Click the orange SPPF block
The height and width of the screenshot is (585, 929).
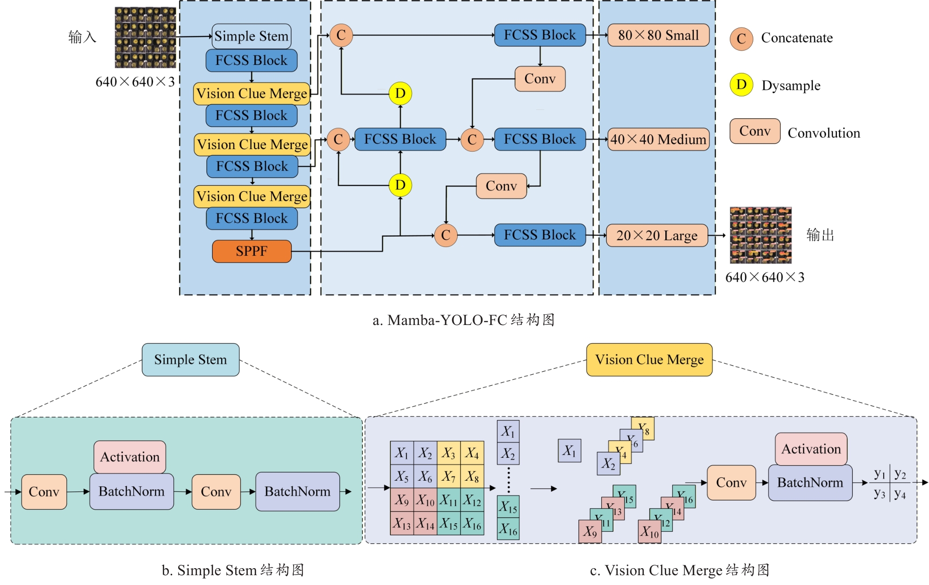tap(252, 251)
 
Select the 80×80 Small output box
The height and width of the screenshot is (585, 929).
tap(658, 35)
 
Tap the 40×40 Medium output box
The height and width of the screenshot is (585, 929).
tap(658, 139)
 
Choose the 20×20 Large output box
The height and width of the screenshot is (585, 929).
tap(656, 235)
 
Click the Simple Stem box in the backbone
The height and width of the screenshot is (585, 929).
tap(251, 36)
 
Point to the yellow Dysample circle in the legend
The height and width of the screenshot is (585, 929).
tap(741, 85)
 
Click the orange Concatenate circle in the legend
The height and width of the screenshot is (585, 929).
tap(741, 38)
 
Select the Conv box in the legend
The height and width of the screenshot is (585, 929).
tap(755, 131)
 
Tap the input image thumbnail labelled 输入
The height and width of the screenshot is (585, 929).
tap(145, 37)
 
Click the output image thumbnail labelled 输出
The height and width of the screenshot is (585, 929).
tap(761, 235)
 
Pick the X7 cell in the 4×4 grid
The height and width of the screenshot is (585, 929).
tap(449, 477)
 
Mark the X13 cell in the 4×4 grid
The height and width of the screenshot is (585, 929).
tap(402, 523)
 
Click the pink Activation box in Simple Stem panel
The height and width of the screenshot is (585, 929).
tap(130, 457)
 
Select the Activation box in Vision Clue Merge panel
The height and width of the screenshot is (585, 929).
tap(811, 449)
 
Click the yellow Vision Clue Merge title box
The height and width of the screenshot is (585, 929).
tap(649, 360)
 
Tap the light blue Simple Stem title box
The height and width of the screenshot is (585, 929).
tap(190, 360)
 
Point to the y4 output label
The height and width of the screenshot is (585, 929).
tap(900, 494)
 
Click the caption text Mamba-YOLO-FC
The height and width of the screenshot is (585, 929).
tap(447, 320)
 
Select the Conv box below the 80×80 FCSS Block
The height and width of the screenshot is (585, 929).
tap(540, 79)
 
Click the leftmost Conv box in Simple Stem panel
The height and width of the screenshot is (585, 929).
tap(44, 491)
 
